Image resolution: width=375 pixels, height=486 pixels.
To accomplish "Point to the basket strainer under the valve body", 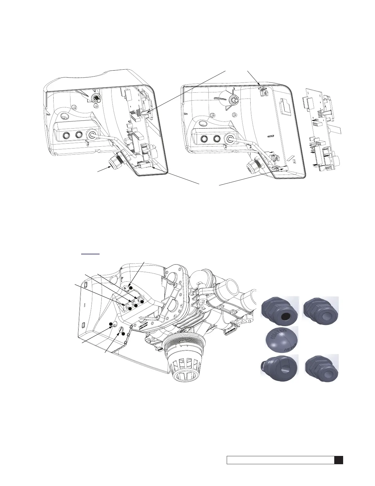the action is pos(180,361).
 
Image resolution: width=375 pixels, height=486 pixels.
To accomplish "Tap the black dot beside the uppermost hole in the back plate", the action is pos(131,288).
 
